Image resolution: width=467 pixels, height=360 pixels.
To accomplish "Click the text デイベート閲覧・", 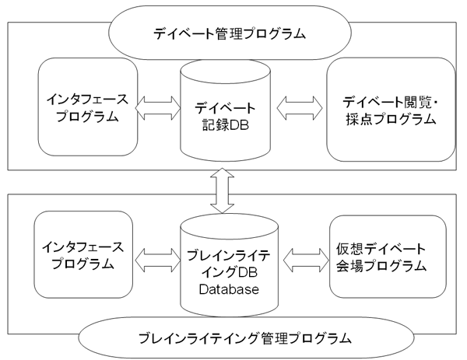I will click(390, 102).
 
